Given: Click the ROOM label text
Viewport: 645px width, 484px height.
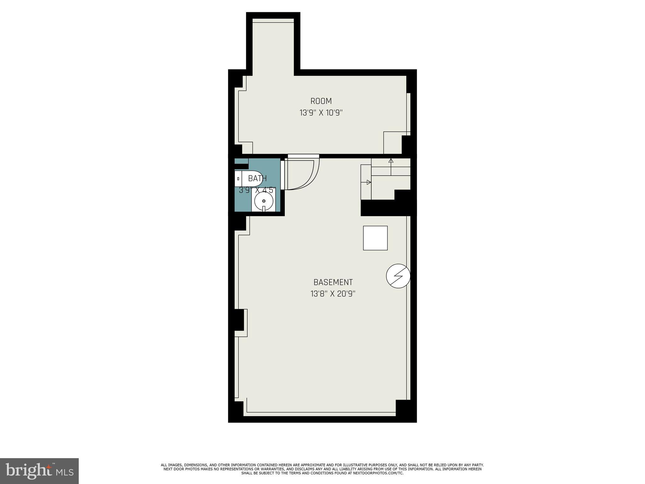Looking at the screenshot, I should pos(321,101).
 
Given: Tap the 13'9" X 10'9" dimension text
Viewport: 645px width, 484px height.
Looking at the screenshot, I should pos(321,113).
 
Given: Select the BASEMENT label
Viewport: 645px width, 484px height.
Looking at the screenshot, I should pos(333,282).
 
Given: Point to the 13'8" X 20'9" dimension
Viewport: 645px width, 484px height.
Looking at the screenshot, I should pos(333,294).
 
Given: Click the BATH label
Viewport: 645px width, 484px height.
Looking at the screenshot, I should pos(257,178).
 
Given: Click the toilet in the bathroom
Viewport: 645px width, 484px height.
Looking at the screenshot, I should pos(248,179).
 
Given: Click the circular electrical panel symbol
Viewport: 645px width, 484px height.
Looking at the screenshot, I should pos(398,276).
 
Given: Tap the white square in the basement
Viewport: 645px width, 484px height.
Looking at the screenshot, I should pos(375,238).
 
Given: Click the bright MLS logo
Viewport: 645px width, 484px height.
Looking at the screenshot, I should pos(39,471).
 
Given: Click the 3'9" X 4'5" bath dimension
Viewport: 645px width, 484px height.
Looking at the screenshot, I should pos(257,190).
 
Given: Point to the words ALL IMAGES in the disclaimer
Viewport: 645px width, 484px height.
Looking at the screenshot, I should pos(172,465).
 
